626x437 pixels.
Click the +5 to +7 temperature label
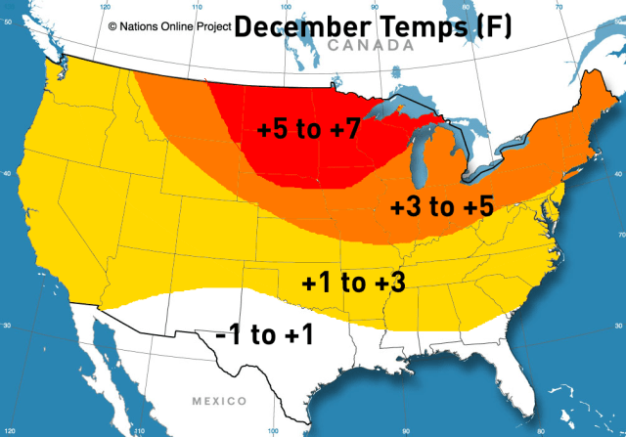tap(311, 129)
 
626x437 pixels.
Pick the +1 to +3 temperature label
tap(353, 284)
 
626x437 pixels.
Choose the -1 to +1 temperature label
tap(264, 335)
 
